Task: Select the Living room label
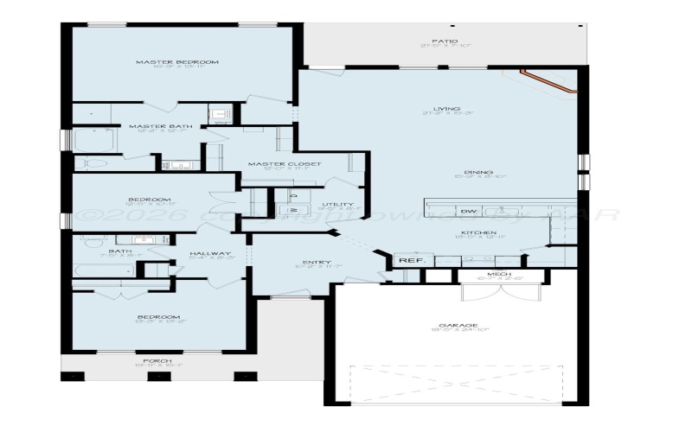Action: (x=445, y=111)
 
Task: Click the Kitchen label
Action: (x=477, y=233)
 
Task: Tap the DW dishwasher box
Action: (x=468, y=212)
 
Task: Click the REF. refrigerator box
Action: (x=407, y=260)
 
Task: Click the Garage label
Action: (x=452, y=326)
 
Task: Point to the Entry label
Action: (x=311, y=263)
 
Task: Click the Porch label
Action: (x=157, y=360)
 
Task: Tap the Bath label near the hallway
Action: (x=109, y=251)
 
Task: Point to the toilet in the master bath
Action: (x=92, y=162)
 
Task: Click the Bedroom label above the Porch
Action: (x=158, y=317)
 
